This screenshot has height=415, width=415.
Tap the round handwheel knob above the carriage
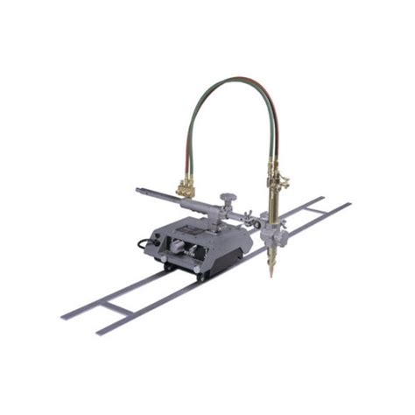(x=229, y=198)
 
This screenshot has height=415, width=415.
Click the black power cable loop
(x=143, y=245)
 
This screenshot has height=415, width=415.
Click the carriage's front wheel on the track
(x=200, y=274)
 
